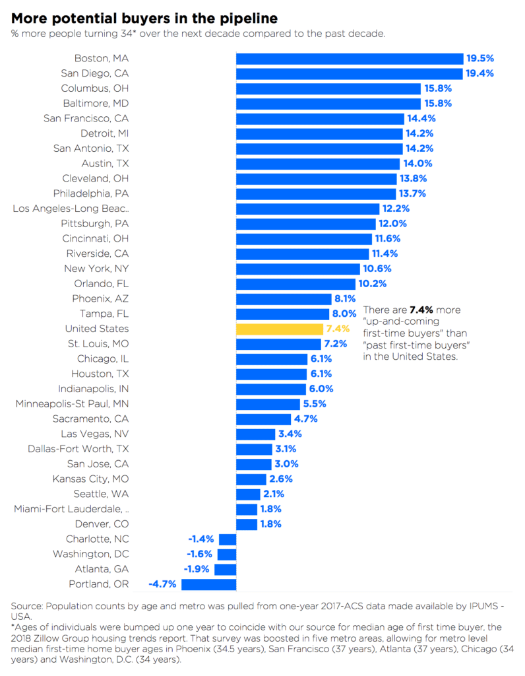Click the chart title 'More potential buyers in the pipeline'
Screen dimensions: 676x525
click(144, 18)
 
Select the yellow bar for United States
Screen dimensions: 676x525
click(279, 329)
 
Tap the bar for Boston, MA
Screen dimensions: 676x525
click(350, 59)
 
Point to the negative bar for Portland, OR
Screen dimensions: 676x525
click(208, 584)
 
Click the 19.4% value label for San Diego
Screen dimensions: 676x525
click(479, 73)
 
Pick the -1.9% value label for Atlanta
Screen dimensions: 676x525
click(197, 569)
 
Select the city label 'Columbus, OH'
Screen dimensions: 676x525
click(95, 88)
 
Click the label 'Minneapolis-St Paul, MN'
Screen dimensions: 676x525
click(73, 403)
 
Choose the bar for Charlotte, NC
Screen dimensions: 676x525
click(228, 539)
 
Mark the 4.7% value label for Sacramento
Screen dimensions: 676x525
click(306, 419)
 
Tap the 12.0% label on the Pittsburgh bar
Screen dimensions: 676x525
click(392, 224)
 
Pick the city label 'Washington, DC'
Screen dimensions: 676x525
click(91, 554)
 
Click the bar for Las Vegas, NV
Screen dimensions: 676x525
click(255, 434)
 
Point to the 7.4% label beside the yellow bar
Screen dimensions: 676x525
click(336, 329)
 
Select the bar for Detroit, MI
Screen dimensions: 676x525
click(319, 133)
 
